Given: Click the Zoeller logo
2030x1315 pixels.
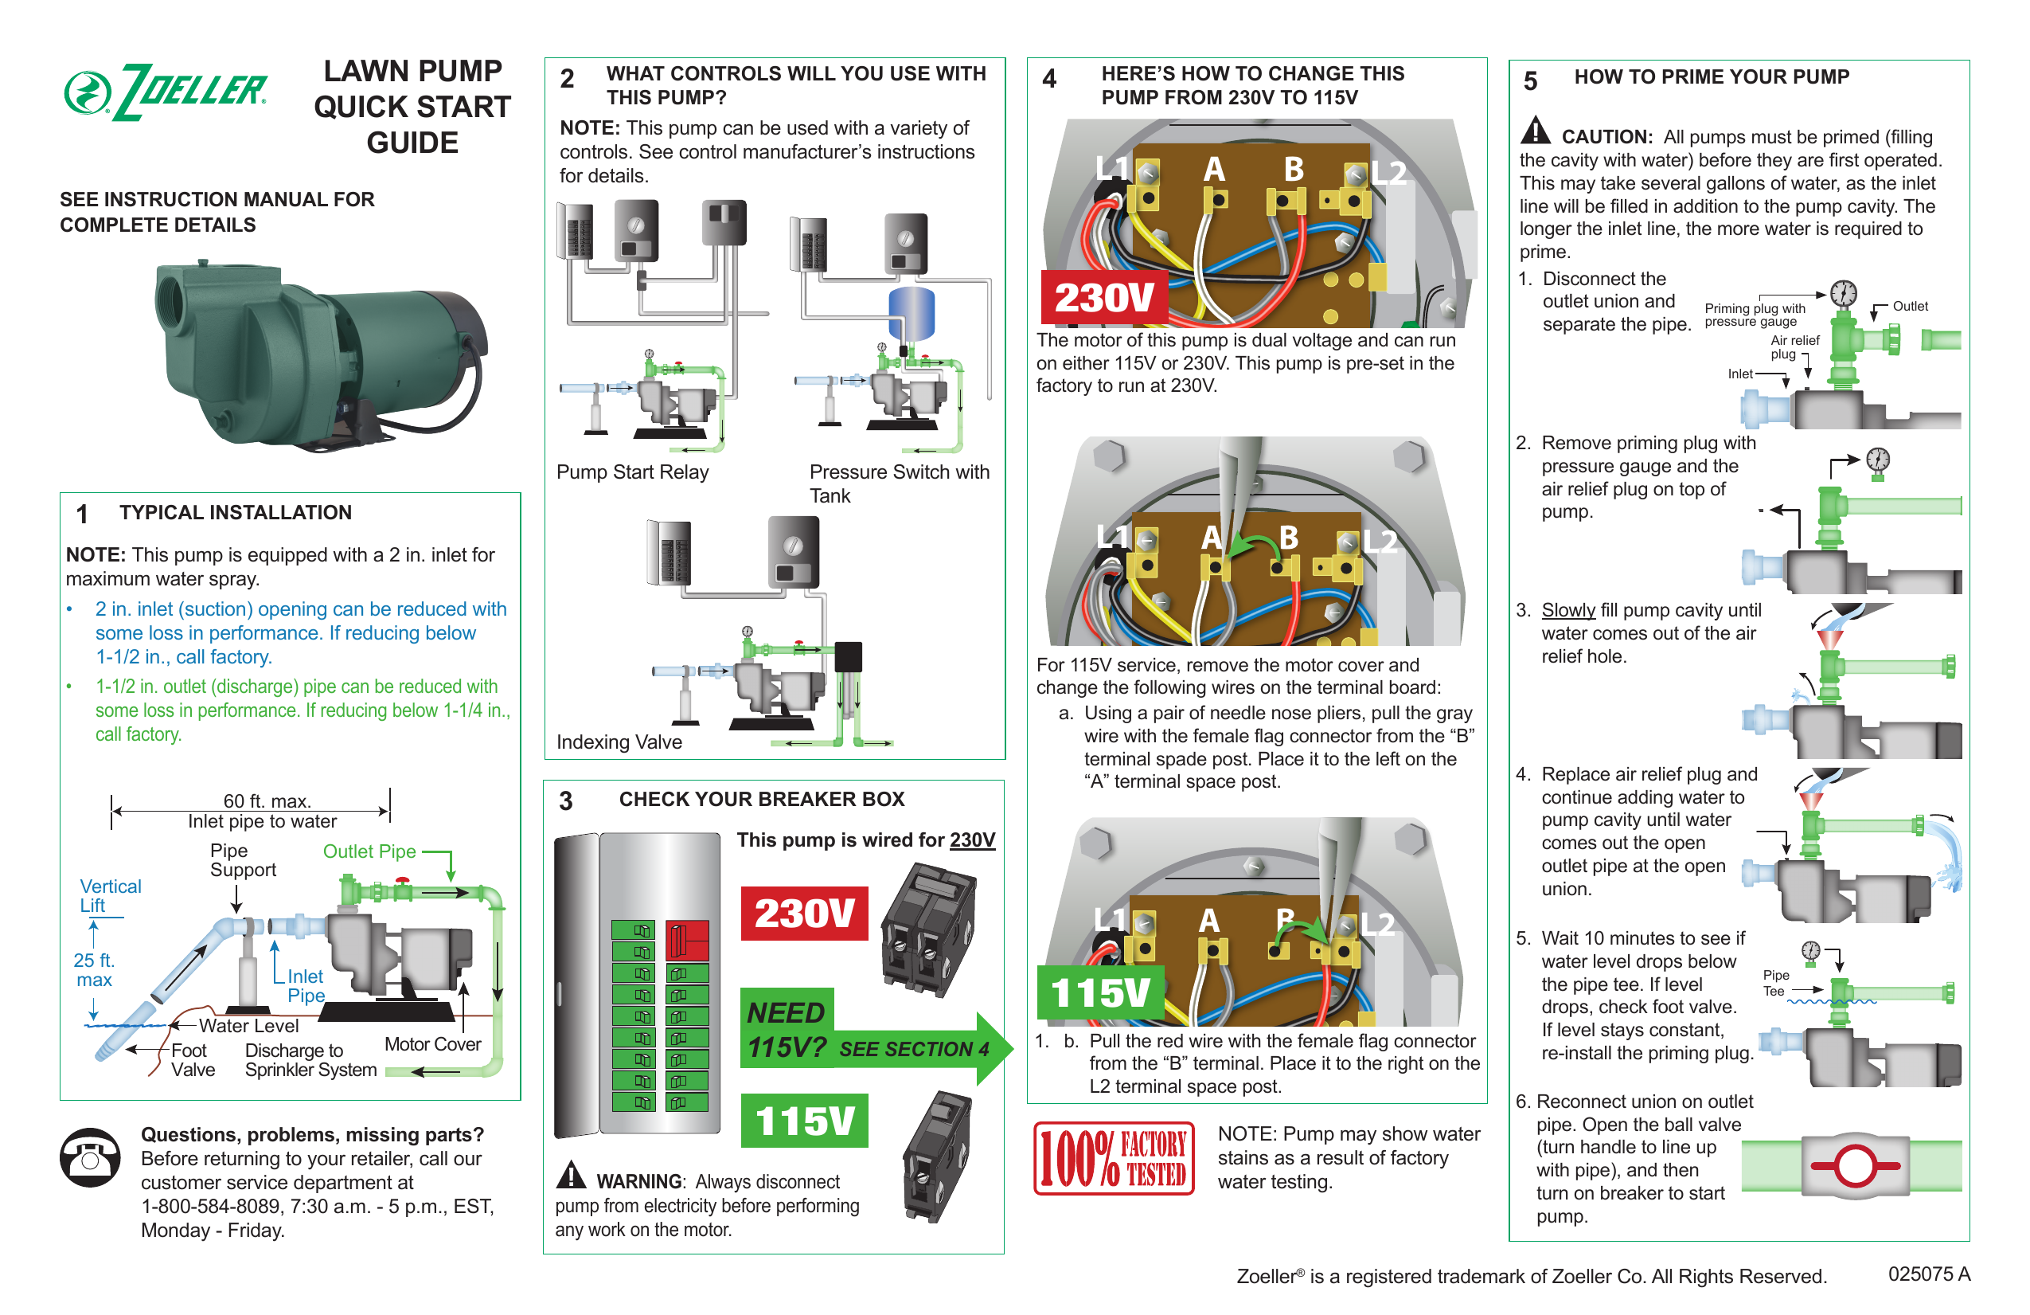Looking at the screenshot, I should click(x=166, y=92).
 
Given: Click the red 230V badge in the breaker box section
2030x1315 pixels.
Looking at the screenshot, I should click(x=803, y=913).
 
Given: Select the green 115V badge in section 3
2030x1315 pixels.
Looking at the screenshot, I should click(x=803, y=1121).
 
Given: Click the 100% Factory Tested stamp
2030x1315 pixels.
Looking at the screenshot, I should click(x=1113, y=1158).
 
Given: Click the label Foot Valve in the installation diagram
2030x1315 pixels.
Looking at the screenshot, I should click(x=192, y=1060).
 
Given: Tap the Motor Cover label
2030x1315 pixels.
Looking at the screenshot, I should click(x=432, y=1043).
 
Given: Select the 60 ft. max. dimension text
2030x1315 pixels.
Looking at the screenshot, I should click(x=267, y=800).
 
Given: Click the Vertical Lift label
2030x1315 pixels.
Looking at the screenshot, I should click(x=109, y=895).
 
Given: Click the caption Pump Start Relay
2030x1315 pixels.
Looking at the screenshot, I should click(x=632, y=472).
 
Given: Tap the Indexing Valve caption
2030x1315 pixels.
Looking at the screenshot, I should click(x=619, y=742).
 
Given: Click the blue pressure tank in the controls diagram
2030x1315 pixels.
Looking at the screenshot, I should click(x=911, y=312).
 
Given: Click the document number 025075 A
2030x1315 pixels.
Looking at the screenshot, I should click(x=1928, y=1274).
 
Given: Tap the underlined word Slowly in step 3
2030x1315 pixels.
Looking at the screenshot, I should click(x=1567, y=610).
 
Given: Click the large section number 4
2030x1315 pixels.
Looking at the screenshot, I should click(x=1049, y=80).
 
